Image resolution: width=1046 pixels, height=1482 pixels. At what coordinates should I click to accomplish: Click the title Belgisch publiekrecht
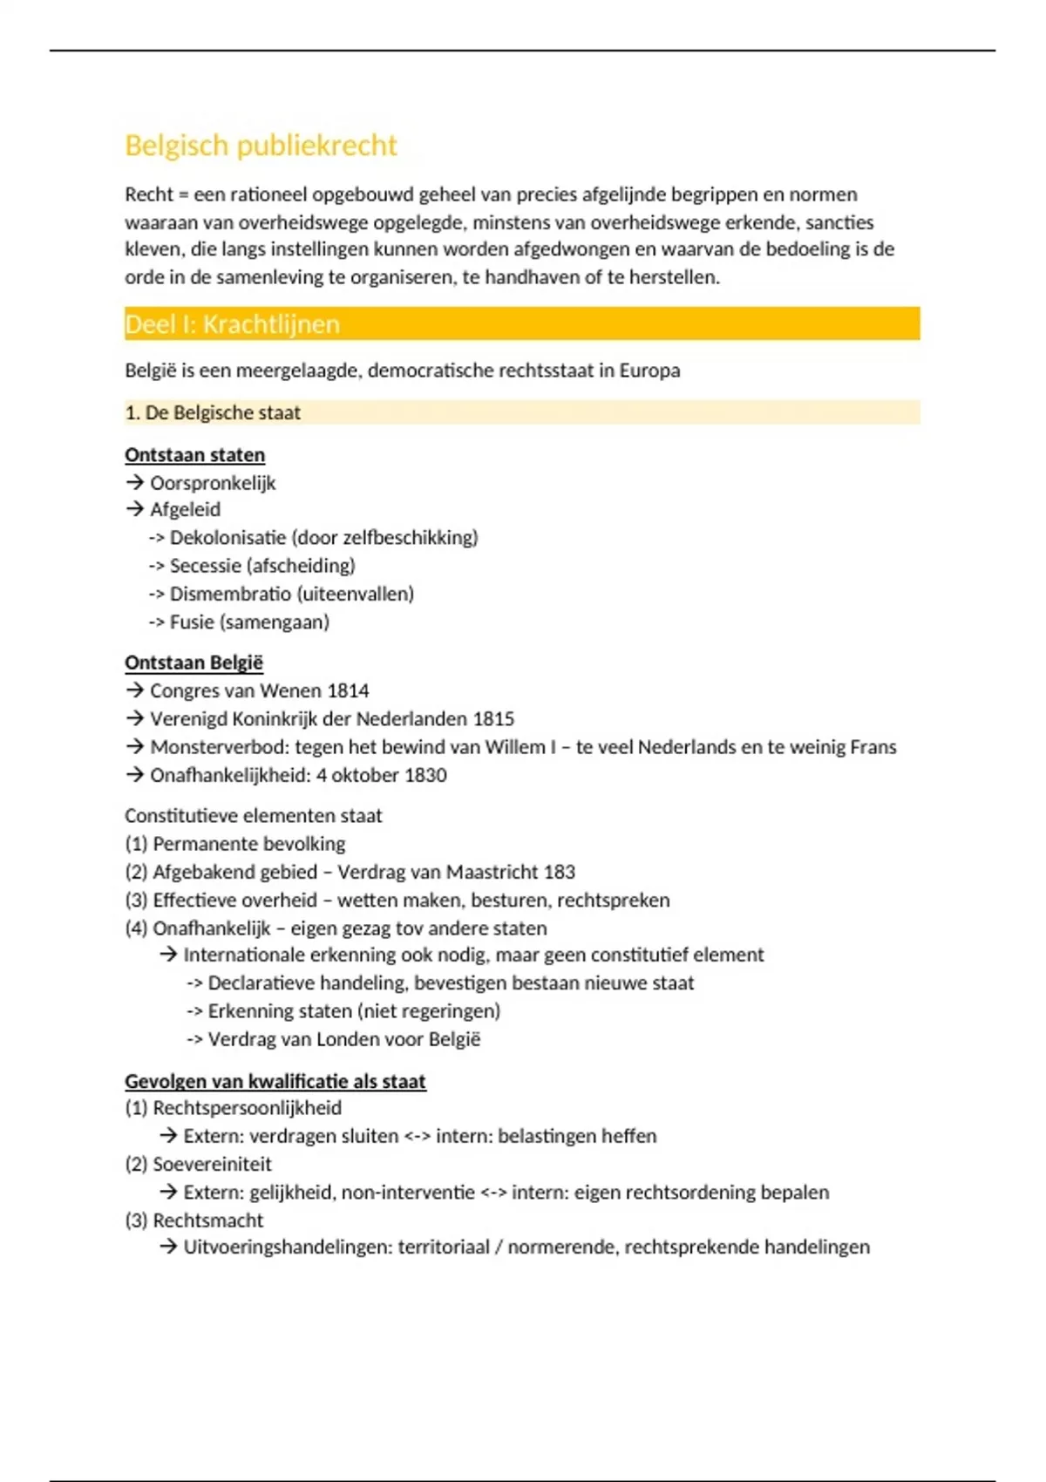point(261,146)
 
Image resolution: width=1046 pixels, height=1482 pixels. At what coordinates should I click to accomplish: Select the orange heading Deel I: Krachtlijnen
point(232,324)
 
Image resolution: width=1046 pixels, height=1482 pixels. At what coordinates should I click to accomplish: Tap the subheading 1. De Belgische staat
point(213,412)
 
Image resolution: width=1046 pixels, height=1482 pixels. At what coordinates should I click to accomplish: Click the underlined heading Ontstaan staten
point(194,455)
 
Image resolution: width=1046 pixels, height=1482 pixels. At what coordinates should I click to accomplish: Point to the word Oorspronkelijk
point(213,483)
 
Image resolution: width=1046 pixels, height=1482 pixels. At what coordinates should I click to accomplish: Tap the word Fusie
point(191,622)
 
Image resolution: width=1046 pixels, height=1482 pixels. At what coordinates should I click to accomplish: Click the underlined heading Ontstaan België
point(194,663)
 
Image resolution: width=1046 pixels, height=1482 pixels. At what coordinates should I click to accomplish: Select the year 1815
point(493,719)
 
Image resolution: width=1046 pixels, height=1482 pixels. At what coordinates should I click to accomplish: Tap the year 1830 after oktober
point(426,775)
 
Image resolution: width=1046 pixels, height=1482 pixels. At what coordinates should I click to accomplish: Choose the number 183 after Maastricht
point(560,872)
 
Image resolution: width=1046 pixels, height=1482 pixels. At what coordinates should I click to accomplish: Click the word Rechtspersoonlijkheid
point(247,1108)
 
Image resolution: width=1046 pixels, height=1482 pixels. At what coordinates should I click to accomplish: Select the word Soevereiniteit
point(212,1164)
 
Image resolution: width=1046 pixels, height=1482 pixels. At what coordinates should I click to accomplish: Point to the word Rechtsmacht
point(207,1220)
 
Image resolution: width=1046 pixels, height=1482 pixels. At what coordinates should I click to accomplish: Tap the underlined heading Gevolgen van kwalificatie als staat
point(275,1081)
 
